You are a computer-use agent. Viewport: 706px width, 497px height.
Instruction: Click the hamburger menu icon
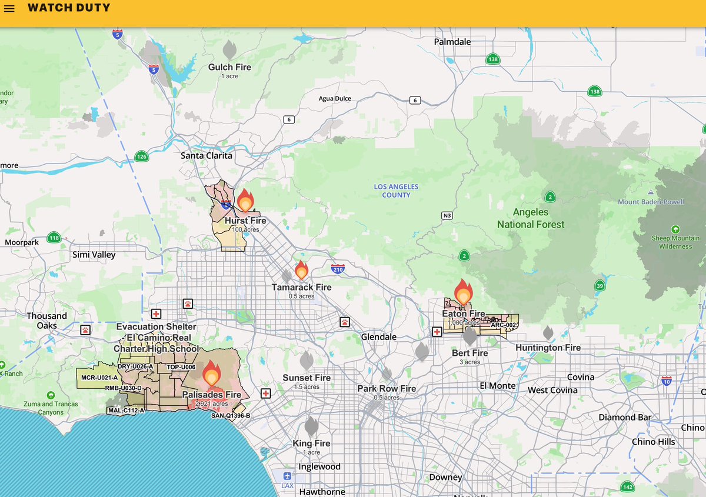coord(9,9)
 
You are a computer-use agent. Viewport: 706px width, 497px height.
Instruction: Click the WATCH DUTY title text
coord(69,8)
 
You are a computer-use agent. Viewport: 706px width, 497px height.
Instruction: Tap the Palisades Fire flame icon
coord(211,375)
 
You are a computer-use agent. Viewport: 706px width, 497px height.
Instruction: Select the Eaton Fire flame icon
coord(463,292)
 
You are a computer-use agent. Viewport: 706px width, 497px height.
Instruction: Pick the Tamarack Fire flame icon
coord(301,270)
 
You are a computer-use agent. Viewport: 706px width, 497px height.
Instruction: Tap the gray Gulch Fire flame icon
coord(229,50)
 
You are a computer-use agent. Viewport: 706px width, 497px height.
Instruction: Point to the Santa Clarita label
coord(207,156)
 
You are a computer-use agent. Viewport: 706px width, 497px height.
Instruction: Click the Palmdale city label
coord(452,42)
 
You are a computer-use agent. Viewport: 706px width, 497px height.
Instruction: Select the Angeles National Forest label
coord(531,218)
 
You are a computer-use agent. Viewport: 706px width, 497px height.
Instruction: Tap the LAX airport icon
coord(287,476)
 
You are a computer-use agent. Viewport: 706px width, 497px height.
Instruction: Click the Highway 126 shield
coord(141,156)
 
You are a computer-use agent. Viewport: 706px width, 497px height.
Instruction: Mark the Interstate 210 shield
coord(338,269)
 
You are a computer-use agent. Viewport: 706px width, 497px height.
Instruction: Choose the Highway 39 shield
coord(600,286)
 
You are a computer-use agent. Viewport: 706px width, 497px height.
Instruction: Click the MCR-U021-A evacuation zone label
coord(99,377)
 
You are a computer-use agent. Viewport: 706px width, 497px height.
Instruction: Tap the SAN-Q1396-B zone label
coord(231,416)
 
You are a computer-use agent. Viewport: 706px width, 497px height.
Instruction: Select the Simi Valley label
coord(94,255)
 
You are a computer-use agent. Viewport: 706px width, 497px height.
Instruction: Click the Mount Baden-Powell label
coord(651,202)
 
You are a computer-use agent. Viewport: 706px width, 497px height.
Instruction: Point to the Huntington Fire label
coord(548,348)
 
